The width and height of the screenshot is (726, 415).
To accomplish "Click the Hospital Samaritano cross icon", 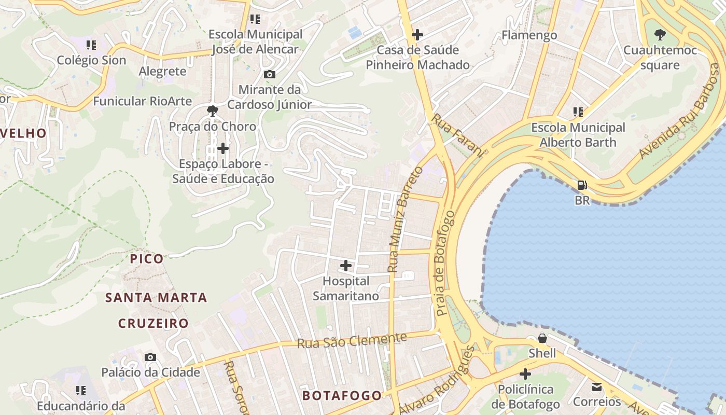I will (x=345, y=266).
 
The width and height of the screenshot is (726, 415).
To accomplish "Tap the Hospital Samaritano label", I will (x=346, y=288).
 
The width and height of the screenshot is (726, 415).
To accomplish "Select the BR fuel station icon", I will (x=582, y=185).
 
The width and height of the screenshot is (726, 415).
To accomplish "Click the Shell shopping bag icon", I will (x=542, y=339).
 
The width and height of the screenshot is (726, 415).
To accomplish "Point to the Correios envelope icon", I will (x=597, y=387).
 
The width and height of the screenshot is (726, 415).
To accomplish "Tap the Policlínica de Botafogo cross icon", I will (x=525, y=374).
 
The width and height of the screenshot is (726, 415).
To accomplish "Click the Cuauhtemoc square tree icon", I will (x=660, y=35).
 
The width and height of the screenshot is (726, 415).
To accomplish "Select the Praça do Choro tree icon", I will (x=212, y=111).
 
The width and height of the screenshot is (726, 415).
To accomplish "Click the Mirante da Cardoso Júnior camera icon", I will (x=269, y=75).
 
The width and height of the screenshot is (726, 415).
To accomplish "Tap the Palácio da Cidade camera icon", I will (x=150, y=357).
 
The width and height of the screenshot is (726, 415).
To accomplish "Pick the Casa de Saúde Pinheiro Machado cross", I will (x=417, y=35).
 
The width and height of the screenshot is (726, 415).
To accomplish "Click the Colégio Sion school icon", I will (x=91, y=45).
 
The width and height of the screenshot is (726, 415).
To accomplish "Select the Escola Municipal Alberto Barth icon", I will (x=578, y=112).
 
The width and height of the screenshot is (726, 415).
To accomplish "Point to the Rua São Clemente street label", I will (x=352, y=341).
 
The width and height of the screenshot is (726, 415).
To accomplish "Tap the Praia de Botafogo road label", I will (x=445, y=264).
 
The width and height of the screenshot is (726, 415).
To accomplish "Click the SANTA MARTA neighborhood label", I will (x=156, y=298).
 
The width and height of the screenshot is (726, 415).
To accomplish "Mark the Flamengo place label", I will (x=529, y=35).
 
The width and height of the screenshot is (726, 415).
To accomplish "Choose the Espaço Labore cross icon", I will (x=223, y=149).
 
